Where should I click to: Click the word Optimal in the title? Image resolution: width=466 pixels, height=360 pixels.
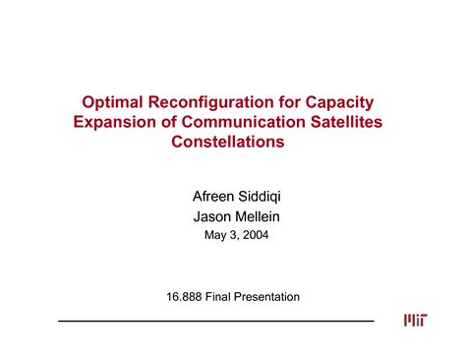113,101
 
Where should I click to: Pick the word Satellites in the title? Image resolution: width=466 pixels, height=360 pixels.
350,122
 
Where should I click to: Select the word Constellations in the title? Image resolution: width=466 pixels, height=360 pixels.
232,143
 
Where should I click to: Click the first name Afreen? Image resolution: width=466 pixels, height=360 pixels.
206,196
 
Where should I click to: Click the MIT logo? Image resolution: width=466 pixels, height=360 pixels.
414,321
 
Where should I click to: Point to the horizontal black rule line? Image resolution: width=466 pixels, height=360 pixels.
216,321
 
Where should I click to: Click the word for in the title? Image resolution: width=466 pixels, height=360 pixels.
289,101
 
